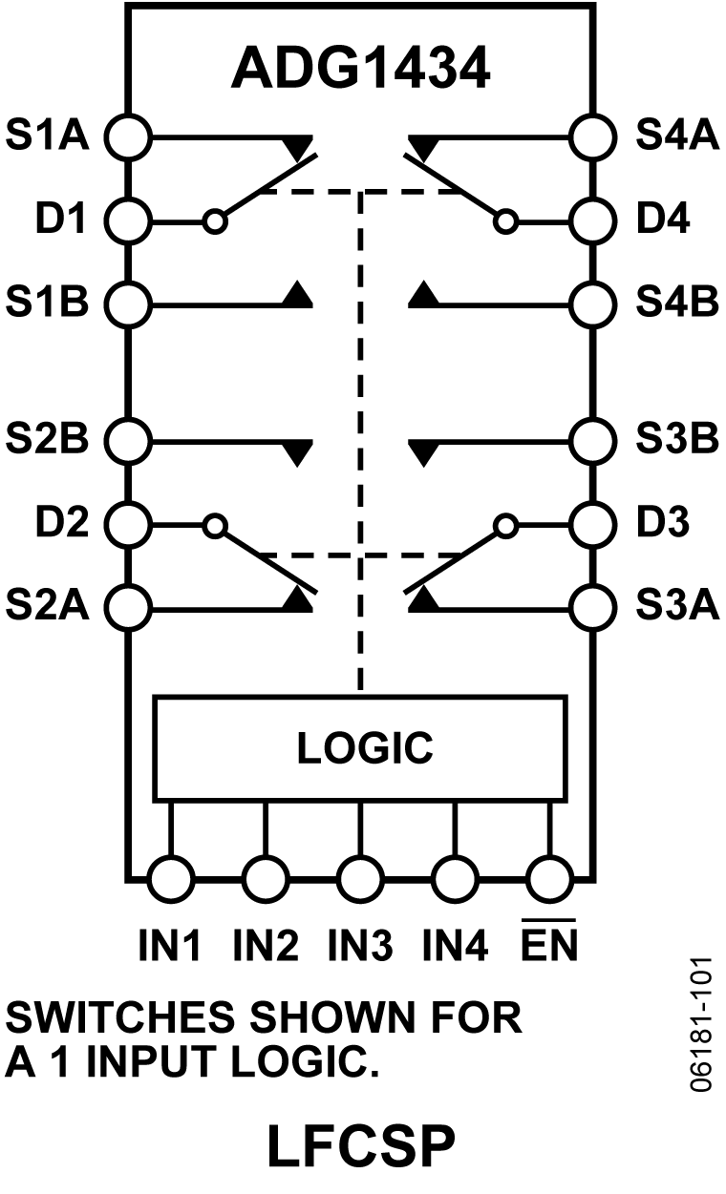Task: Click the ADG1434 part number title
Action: coord(360,69)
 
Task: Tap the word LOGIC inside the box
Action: coord(364,748)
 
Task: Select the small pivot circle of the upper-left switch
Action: coord(216,222)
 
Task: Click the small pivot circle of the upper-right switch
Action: coord(506,222)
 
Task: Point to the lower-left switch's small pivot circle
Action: coord(216,525)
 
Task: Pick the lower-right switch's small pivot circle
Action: coord(506,525)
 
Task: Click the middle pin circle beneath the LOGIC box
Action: coord(360,878)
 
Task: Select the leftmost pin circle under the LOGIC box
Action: coord(171,878)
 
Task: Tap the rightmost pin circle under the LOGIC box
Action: coord(549,878)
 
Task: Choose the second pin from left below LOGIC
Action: coord(266,878)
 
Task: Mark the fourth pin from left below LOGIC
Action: coord(455,878)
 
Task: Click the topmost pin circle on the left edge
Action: coord(130,137)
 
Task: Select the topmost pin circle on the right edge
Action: coord(591,137)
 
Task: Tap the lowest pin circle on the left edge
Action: coord(130,608)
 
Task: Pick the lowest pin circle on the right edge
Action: coord(591,608)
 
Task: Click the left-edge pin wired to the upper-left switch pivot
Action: coord(130,222)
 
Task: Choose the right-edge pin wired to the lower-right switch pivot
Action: coord(591,525)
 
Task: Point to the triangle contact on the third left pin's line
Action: coord(299,296)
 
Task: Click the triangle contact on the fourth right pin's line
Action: coord(422,452)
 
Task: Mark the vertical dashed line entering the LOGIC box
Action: coord(360,439)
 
